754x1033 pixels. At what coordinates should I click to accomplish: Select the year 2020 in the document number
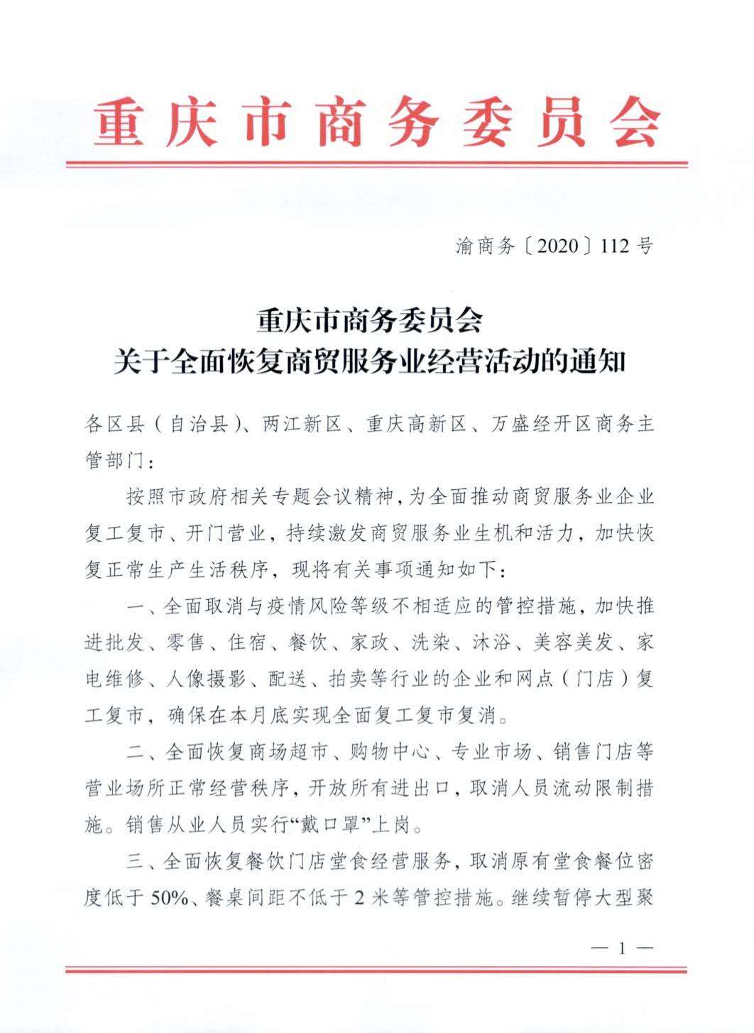[554, 246]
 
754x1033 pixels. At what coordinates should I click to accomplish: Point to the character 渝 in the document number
[465, 246]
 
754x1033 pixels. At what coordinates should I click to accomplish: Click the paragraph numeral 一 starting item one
[137, 608]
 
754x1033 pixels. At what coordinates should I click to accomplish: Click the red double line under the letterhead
[376, 165]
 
